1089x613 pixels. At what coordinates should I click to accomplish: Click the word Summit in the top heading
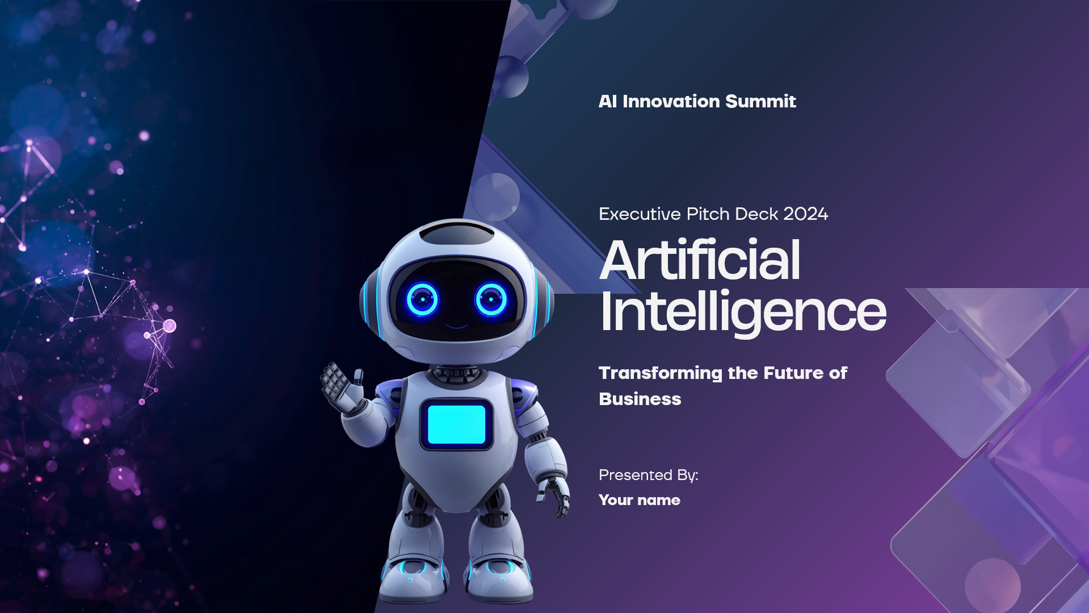coord(760,101)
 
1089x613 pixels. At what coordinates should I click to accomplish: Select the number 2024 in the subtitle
coord(805,214)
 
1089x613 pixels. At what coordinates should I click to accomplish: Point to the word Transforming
coord(661,373)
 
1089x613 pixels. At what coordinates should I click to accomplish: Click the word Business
coord(640,399)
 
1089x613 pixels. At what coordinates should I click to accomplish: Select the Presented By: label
coord(649,476)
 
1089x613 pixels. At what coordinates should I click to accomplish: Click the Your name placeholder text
coord(640,500)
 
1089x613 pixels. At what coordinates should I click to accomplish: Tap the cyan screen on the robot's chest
coord(456,424)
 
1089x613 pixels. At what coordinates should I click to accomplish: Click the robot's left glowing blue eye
coord(422,299)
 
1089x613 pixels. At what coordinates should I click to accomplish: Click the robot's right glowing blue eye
coord(491,299)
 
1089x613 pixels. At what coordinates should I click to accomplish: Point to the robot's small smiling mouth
coord(456,326)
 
